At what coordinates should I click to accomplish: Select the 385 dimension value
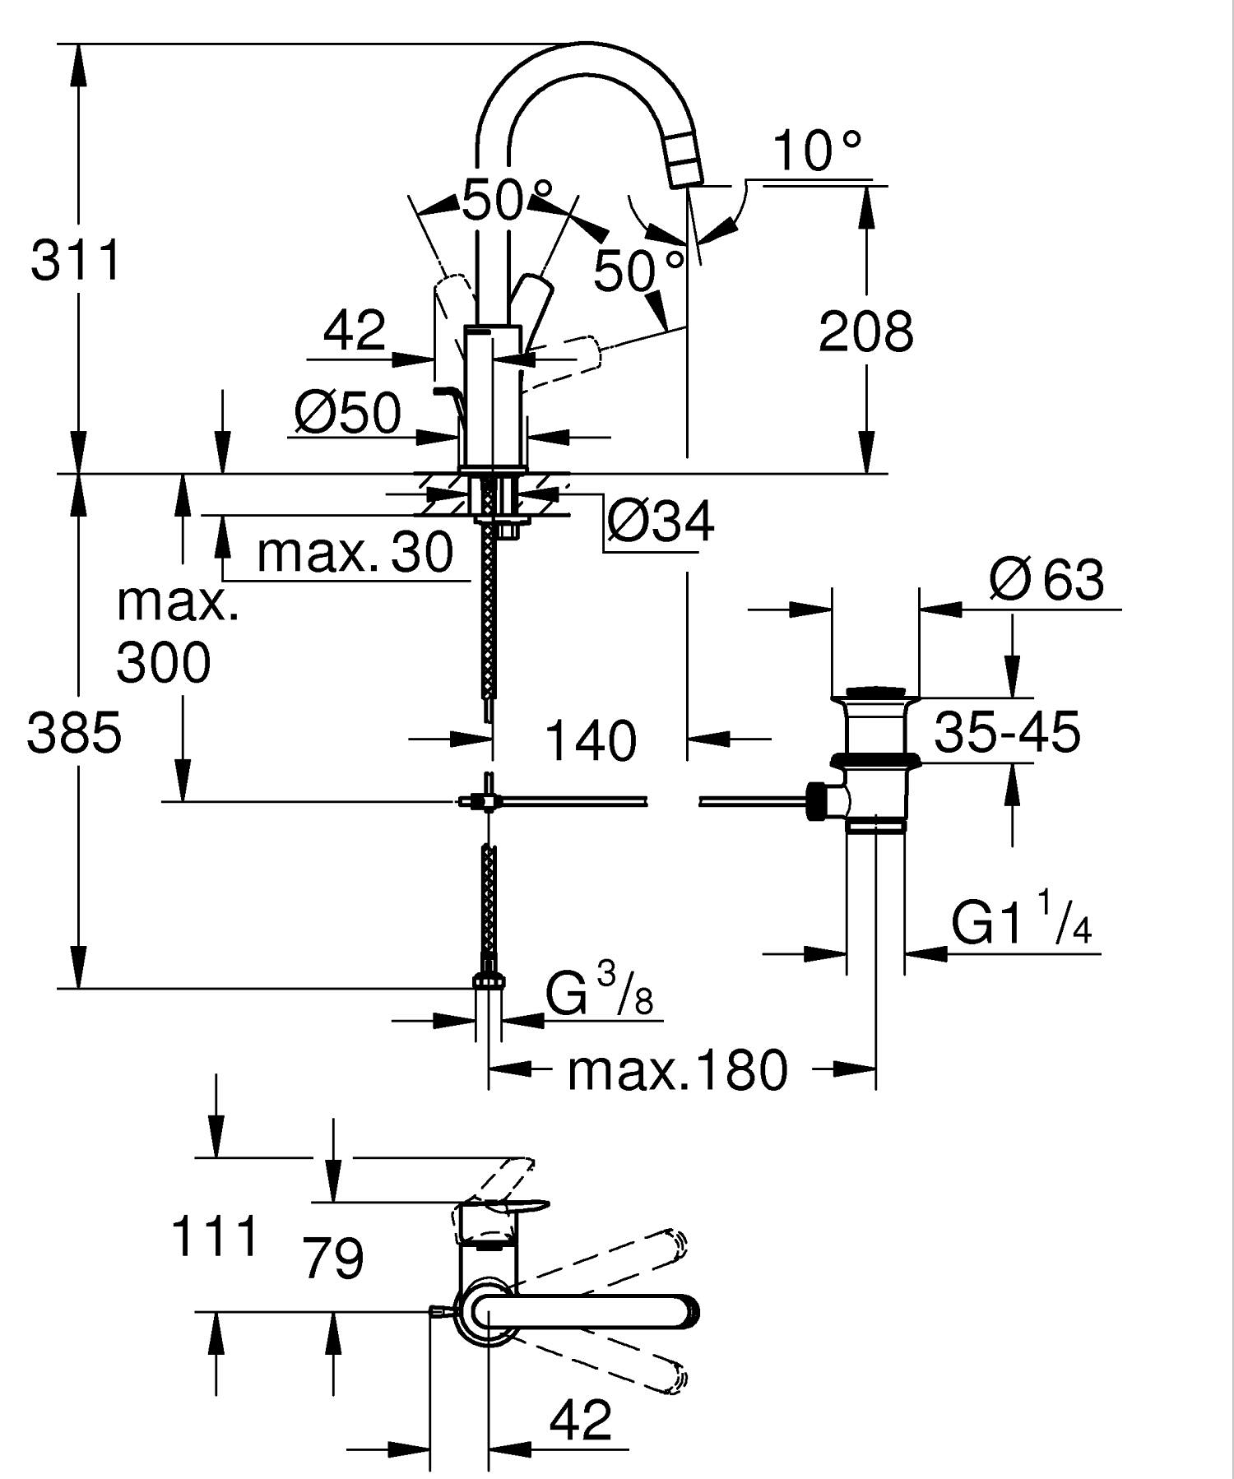coord(74,733)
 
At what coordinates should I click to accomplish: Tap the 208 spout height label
coord(865,332)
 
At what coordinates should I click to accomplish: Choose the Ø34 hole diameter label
coord(661,522)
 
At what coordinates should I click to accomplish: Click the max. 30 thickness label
coord(355,552)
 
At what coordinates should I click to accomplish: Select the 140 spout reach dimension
coord(590,740)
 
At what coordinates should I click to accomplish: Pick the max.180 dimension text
coord(677,1070)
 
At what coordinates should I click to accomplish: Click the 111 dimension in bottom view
coord(214,1237)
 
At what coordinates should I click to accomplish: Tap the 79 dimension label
coord(333,1258)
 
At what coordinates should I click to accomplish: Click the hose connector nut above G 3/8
coord(489,979)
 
